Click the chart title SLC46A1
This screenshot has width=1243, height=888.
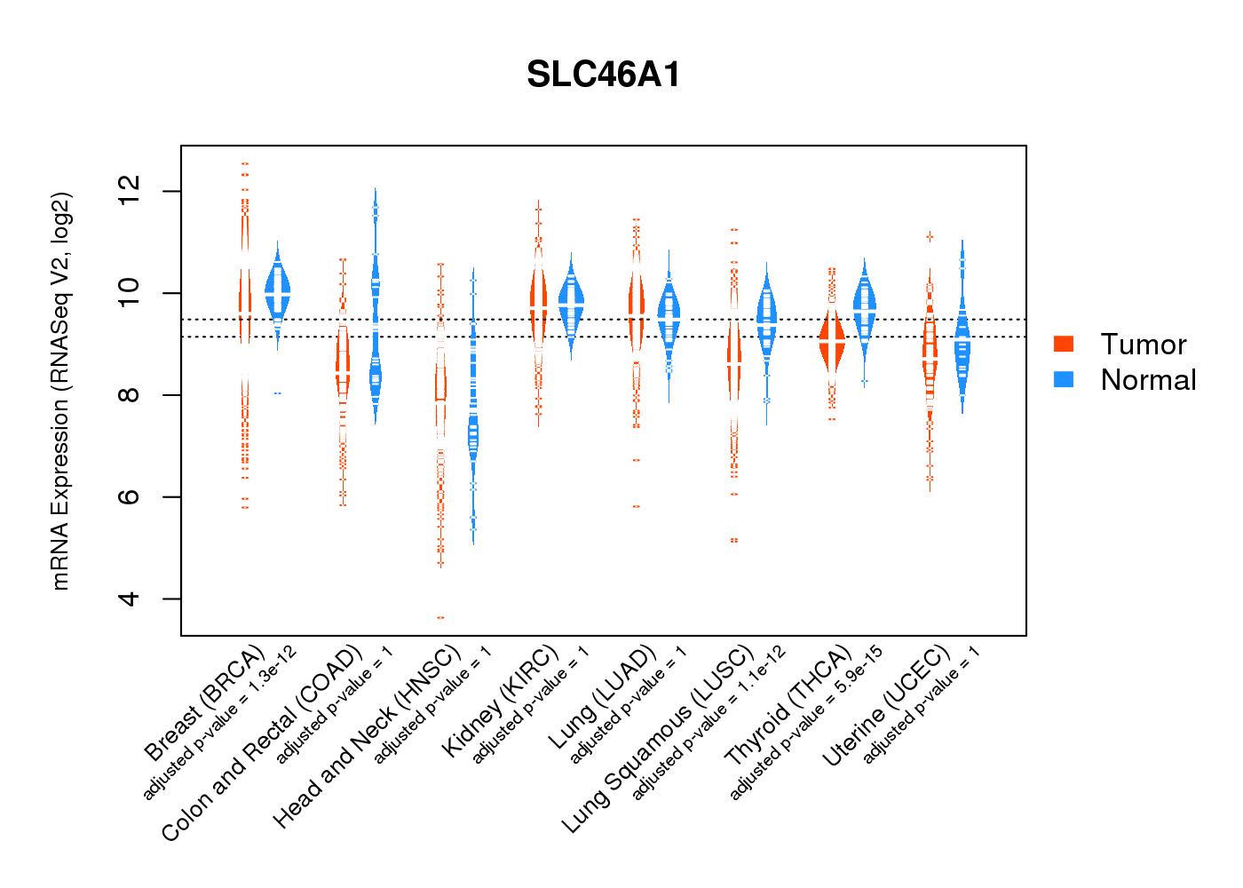click(603, 75)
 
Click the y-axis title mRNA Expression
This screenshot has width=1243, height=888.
click(60, 391)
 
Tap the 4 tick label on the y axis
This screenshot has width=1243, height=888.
click(130, 599)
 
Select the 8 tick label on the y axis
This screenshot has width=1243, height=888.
click(130, 394)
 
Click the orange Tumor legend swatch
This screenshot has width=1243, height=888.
click(1063, 344)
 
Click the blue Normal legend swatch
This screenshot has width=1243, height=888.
click(1063, 379)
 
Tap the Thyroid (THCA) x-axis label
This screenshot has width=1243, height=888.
click(788, 706)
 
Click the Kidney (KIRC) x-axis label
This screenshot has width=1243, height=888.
click(501, 702)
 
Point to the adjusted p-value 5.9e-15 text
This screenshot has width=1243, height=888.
click(806, 723)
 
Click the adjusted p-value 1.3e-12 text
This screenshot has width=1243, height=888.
click(220, 723)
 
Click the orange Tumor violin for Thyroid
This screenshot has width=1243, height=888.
click(832, 342)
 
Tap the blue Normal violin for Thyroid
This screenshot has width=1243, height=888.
click(864, 306)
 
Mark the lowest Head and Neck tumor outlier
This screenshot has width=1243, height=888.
click(440, 617)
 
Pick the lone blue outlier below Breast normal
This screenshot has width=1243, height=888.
click(278, 392)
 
